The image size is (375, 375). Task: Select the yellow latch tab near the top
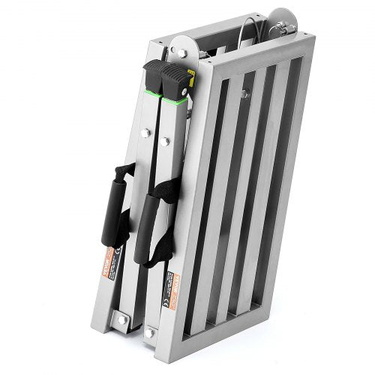click(192, 74)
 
